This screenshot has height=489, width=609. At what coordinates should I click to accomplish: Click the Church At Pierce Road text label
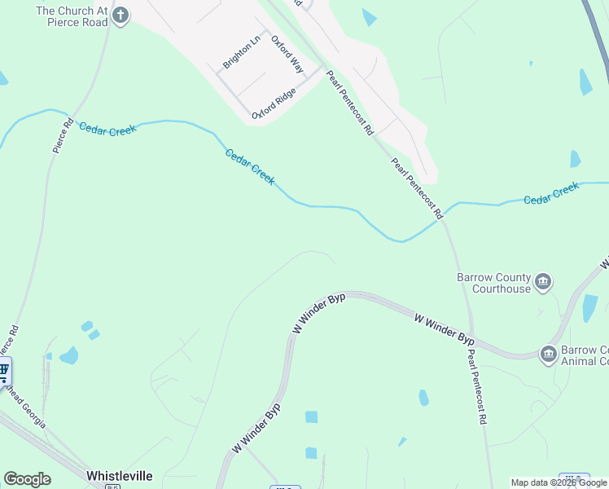click(72, 16)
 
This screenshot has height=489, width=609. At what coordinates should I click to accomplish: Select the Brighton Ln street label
click(243, 51)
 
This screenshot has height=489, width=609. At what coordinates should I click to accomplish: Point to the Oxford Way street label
click(287, 55)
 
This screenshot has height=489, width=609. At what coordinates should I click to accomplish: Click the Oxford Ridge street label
click(274, 104)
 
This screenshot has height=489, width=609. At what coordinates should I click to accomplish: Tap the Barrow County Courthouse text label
click(493, 283)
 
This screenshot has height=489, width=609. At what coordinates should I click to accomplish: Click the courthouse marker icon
click(544, 283)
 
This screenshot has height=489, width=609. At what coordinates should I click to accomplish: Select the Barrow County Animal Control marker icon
click(549, 353)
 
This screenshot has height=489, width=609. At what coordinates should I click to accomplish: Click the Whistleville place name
click(119, 475)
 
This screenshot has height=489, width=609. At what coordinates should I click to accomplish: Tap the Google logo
click(27, 479)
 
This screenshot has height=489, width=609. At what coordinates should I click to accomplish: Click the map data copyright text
click(559, 482)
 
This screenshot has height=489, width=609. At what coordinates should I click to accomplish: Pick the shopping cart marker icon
click(4, 372)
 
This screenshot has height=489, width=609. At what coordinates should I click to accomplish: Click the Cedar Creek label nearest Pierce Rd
click(107, 130)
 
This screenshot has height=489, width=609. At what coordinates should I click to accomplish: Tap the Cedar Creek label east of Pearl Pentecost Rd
click(551, 193)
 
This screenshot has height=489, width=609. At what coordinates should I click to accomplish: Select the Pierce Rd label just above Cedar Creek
click(63, 137)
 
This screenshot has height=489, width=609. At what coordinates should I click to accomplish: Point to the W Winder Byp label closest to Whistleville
click(256, 428)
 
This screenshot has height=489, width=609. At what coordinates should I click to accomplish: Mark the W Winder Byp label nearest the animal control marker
click(444, 328)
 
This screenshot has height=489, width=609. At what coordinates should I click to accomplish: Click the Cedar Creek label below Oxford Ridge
click(250, 167)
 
